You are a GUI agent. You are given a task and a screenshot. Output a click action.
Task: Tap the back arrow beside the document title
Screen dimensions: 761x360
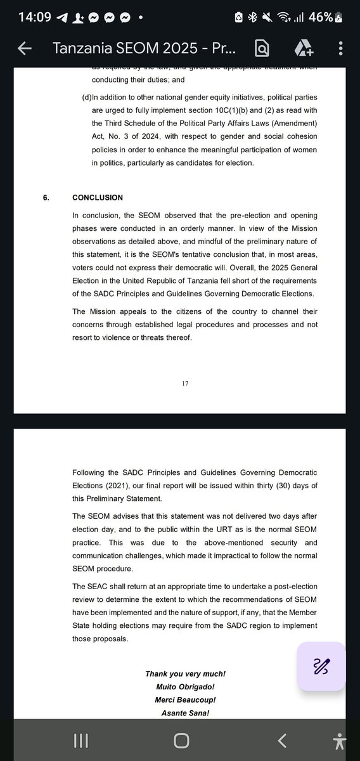pos(25,49)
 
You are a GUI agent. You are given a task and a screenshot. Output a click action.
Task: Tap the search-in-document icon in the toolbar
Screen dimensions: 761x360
pos(261,49)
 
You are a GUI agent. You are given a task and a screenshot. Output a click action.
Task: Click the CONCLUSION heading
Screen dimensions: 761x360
pos(97,198)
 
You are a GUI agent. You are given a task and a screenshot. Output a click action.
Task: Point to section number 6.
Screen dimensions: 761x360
pos(46,198)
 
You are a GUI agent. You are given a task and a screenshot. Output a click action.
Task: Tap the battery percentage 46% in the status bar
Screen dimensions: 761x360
pos(321,17)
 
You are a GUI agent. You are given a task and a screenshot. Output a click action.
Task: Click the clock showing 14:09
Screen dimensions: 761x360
pos(23,17)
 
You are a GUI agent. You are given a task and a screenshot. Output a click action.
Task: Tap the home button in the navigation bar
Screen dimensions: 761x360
pos(181,740)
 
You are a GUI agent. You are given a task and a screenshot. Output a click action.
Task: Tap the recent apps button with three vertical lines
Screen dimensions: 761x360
pos(80,740)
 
